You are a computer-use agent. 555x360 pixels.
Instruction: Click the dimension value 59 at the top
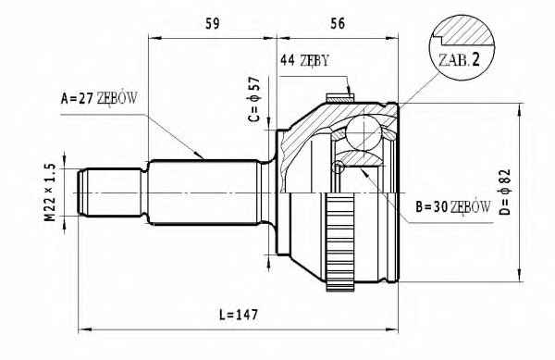click(213, 23)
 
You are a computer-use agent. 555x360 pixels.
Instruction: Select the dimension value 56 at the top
click(338, 23)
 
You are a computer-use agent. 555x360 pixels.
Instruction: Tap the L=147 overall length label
click(239, 315)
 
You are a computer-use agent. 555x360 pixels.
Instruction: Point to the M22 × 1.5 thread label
click(50, 192)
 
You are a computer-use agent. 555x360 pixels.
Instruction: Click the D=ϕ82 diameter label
click(506, 192)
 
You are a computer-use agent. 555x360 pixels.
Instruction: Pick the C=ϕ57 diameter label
click(254, 99)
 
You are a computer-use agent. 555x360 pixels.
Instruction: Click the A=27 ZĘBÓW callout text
click(99, 98)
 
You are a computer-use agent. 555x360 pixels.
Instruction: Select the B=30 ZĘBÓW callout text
click(453, 206)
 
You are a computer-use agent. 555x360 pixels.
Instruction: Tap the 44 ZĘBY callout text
click(304, 61)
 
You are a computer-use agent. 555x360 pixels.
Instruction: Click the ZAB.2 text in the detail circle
click(459, 60)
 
